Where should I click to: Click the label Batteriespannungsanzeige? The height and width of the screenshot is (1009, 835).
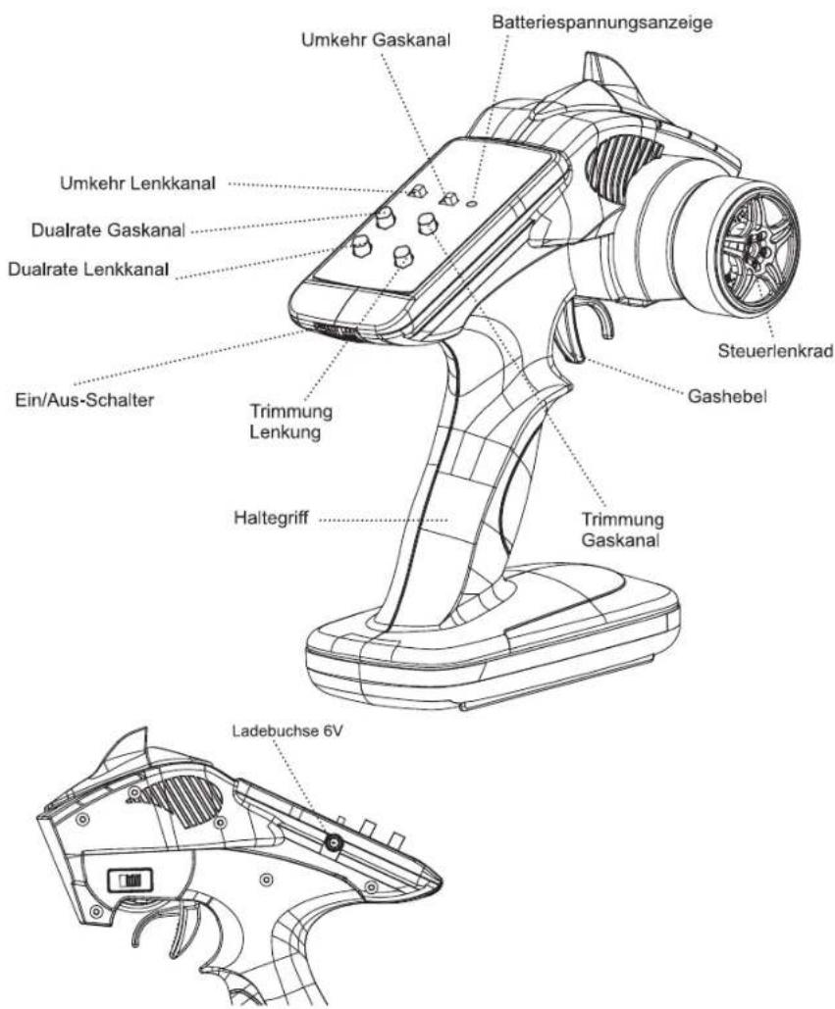point(601,23)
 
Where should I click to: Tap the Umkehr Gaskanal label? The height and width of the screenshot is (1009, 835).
point(376,39)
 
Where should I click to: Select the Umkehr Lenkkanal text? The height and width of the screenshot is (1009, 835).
point(137,183)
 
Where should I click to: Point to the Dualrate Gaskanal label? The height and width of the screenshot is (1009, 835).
point(108,229)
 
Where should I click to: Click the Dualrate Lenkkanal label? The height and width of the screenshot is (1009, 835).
point(89,269)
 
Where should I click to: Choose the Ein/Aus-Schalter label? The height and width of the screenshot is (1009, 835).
point(84,400)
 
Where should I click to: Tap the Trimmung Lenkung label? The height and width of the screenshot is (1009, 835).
point(290,422)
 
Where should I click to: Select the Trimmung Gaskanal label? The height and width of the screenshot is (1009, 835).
point(622,530)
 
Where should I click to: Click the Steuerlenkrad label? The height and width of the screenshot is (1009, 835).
point(776,351)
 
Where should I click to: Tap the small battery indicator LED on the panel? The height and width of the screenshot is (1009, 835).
point(473,203)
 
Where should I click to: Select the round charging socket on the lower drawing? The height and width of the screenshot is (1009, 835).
point(334,842)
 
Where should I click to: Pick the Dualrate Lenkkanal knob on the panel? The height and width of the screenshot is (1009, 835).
point(361,246)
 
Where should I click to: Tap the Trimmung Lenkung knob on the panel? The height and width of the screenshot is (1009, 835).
point(403,256)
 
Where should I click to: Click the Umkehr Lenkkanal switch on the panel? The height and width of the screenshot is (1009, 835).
point(417,190)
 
